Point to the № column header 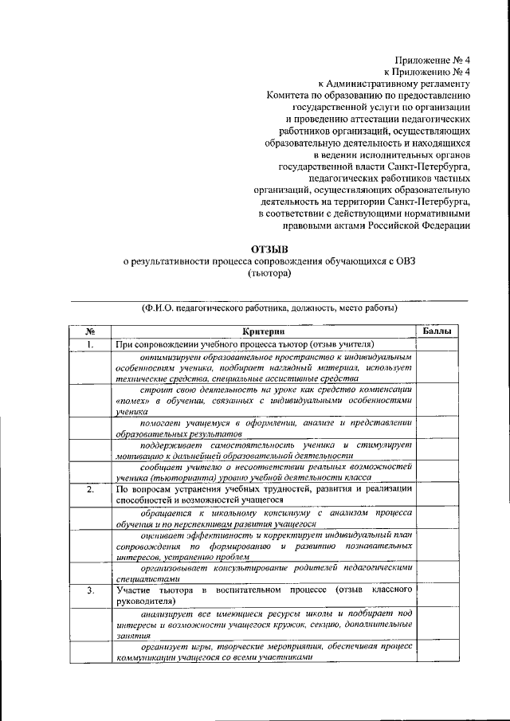91,331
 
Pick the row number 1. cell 91,344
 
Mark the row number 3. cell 91,590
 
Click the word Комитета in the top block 289,94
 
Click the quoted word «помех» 130,402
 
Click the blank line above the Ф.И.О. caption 263,300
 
